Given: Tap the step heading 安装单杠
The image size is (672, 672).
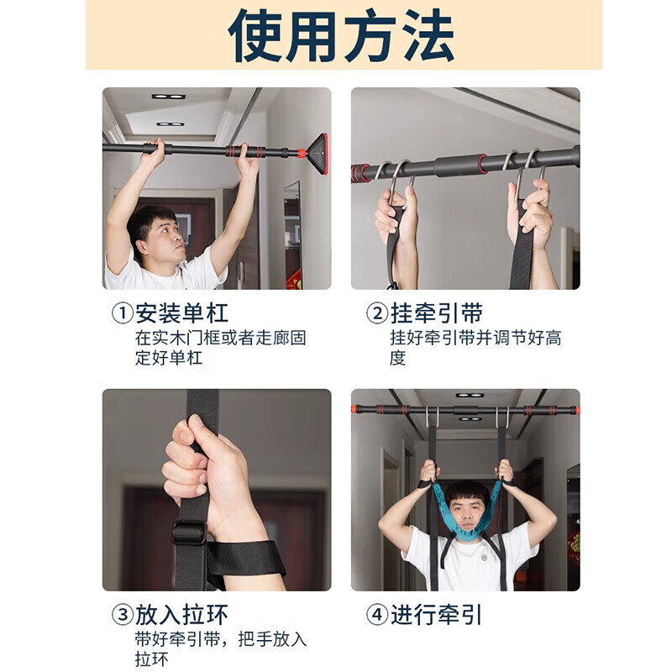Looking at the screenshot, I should (x=181, y=314).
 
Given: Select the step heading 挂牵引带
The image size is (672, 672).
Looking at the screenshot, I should (x=436, y=314).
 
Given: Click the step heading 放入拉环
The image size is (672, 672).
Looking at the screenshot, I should (x=181, y=615).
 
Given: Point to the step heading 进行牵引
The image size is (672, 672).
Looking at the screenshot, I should (x=436, y=615).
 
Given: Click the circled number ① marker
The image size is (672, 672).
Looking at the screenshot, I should (x=123, y=314).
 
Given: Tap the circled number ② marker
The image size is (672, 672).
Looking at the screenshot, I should (x=377, y=314).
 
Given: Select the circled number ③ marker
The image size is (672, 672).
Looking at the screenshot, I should (x=123, y=615).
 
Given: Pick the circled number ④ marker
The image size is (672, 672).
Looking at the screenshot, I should (x=377, y=615).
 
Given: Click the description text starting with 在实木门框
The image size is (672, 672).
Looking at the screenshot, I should (x=220, y=348).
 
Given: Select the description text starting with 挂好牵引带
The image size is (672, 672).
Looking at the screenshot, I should (x=475, y=348).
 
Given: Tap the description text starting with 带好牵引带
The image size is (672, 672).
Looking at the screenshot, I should (x=220, y=648).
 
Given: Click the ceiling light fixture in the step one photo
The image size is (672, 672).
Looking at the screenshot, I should (x=168, y=97).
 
